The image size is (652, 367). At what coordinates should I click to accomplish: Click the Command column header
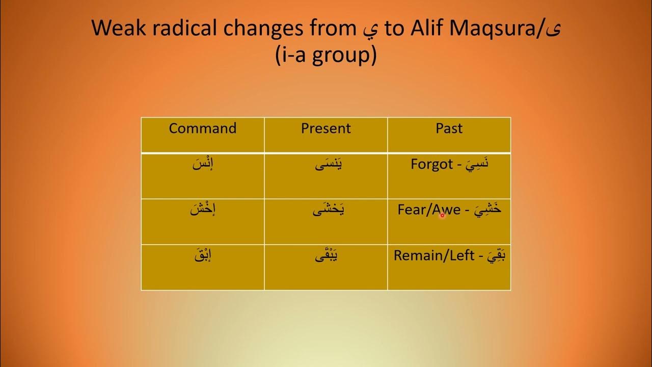pos(203,128)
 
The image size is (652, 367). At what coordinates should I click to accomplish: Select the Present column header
pos(326,128)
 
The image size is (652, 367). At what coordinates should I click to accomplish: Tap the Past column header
pos(449,128)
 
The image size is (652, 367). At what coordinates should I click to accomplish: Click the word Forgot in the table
pos(432,165)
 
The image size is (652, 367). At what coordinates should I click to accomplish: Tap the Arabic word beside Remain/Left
pos(493,255)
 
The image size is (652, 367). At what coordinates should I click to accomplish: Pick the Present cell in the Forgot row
pos(326,166)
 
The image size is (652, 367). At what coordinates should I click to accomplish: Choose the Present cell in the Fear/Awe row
pos(326,210)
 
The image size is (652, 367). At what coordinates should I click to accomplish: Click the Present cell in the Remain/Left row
pos(326,255)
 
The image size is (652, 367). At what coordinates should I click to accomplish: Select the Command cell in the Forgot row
pos(203,166)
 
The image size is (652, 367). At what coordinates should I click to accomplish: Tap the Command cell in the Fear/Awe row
pos(203,210)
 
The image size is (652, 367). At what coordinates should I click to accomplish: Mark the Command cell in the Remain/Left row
pos(203,255)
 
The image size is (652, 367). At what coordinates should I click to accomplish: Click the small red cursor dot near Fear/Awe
pos(442,216)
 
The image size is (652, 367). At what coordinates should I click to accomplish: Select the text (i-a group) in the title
pos(325,55)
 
